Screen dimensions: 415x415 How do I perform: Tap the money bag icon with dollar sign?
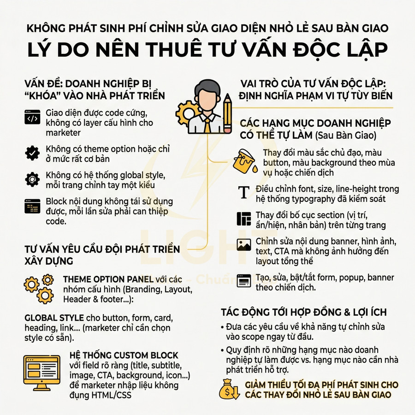pyautogui.click(x=230, y=389)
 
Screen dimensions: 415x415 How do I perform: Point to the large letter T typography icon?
pyautogui.click(x=243, y=191)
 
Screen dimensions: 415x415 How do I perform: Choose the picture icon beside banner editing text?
pyautogui.click(x=243, y=244)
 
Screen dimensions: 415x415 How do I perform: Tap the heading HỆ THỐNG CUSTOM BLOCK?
pyautogui.click(x=124, y=355)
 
